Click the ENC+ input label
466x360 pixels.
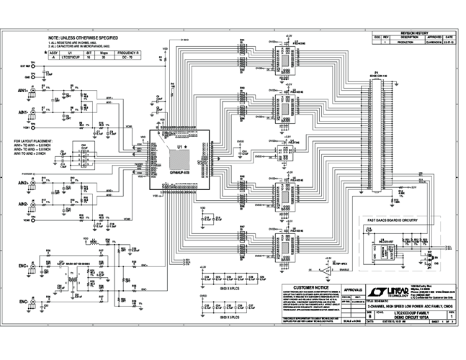(22, 266)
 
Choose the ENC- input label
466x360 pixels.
(22, 301)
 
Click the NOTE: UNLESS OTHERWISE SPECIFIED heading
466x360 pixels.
(83, 37)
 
